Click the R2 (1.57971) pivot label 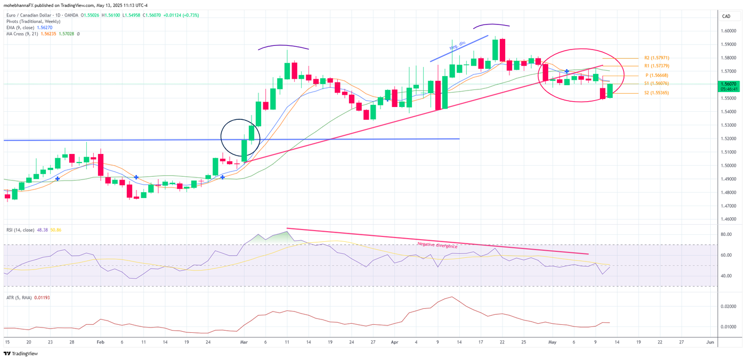[656, 58]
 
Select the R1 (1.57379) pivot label [656, 66]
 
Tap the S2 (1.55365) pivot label [656, 93]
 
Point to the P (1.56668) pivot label [657, 76]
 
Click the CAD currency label [726, 17]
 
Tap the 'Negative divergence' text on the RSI [437, 245]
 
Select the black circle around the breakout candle [240, 137]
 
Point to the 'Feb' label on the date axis [101, 342]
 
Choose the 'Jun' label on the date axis [709, 342]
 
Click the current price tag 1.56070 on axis [728, 84]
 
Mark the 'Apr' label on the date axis [395, 342]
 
